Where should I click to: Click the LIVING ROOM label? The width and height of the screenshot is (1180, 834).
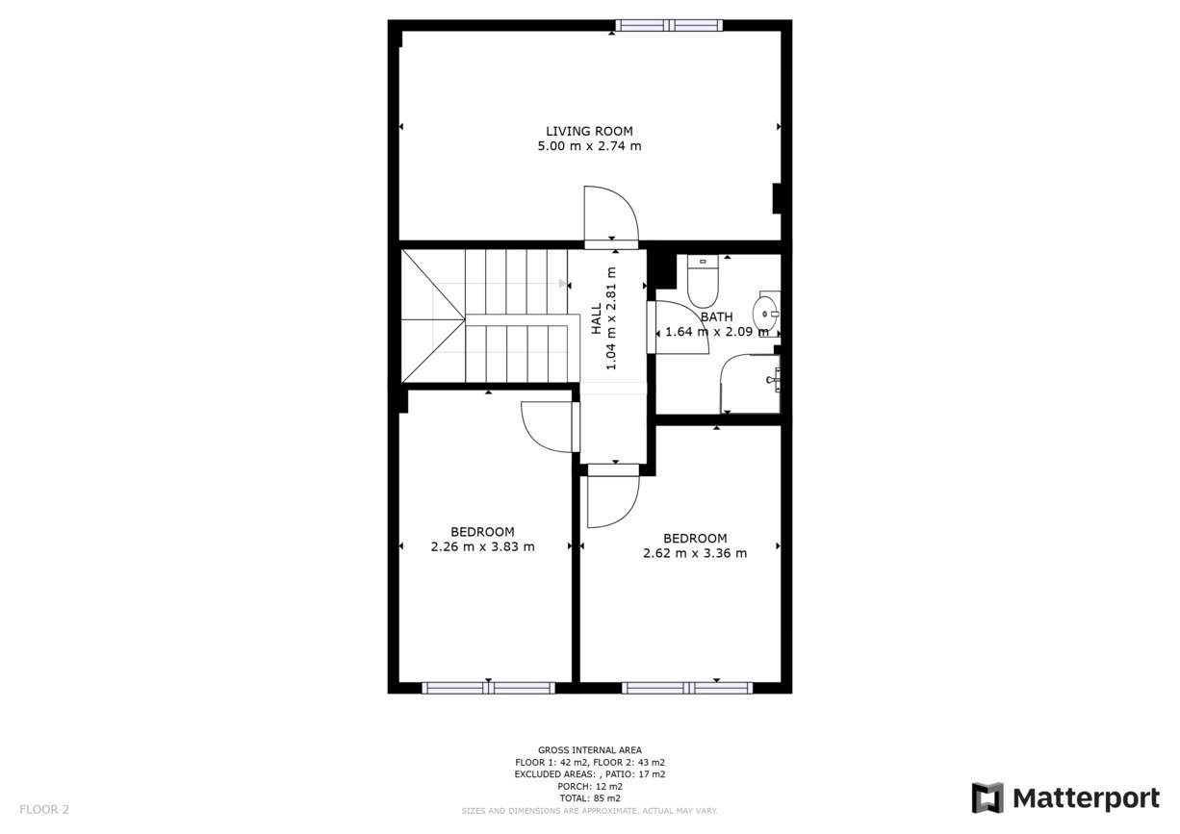tap(589, 131)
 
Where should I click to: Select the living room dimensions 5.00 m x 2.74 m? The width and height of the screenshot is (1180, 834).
tap(589, 146)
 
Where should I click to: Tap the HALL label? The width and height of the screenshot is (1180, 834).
tap(597, 318)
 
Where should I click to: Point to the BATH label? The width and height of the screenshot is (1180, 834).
tap(716, 317)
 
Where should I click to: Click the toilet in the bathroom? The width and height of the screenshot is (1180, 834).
tap(703, 282)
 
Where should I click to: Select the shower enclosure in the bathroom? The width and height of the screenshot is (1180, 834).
tap(750, 383)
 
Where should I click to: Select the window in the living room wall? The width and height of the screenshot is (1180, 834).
tap(669, 25)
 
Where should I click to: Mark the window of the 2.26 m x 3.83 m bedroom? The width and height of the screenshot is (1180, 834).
tap(488, 688)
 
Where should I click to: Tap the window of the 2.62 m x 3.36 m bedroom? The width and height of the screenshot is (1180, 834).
tap(687, 688)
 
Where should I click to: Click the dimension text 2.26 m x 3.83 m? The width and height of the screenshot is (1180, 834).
tap(482, 546)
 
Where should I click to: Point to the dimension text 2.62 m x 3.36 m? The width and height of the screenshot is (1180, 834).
tap(695, 553)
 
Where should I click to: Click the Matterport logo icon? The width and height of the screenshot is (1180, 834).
tap(988, 797)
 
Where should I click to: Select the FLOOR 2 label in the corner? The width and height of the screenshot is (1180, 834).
tap(44, 809)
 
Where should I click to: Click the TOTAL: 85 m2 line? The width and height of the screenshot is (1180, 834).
tap(590, 798)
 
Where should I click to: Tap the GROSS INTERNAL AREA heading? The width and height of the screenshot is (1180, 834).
tap(590, 749)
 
